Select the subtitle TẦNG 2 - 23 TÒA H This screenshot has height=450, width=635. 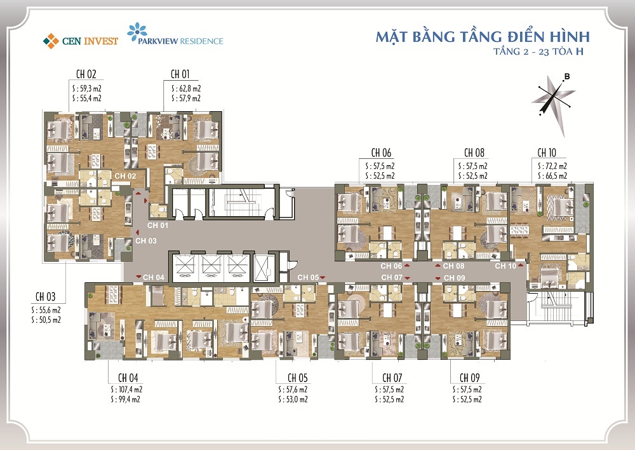(538, 52)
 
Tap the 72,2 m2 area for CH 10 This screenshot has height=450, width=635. (552, 165)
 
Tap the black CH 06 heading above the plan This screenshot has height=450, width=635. (381, 153)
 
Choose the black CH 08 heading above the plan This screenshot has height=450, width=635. (474, 153)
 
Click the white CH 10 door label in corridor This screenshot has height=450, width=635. (505, 266)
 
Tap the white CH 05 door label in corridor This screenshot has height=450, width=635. (308, 277)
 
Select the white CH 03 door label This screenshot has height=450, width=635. (146, 241)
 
